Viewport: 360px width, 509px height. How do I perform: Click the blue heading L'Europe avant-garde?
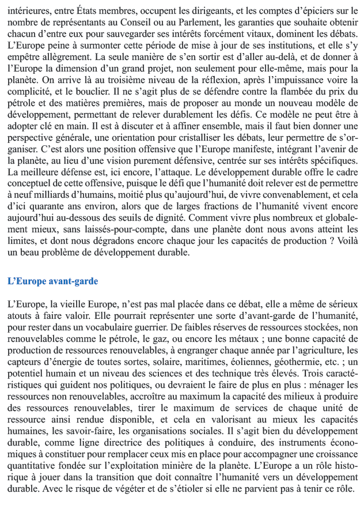click(x=53, y=281)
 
